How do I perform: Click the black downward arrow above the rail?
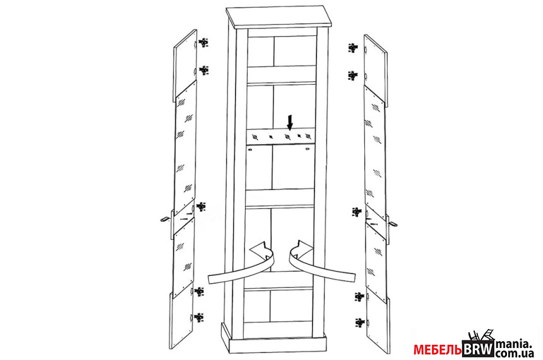(290, 122)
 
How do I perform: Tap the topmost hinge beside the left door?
(203, 42)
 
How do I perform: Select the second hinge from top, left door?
(203, 70)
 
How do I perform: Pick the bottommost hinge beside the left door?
(199, 318)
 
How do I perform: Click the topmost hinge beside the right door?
(352, 47)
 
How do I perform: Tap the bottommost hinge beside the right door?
(360, 323)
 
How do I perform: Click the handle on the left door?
(165, 219)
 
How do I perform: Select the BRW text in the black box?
(479, 349)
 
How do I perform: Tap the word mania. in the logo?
(513, 344)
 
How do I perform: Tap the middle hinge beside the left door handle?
(201, 207)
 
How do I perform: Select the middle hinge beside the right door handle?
(357, 212)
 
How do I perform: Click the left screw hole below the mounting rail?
(250, 150)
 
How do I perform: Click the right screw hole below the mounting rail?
(307, 149)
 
